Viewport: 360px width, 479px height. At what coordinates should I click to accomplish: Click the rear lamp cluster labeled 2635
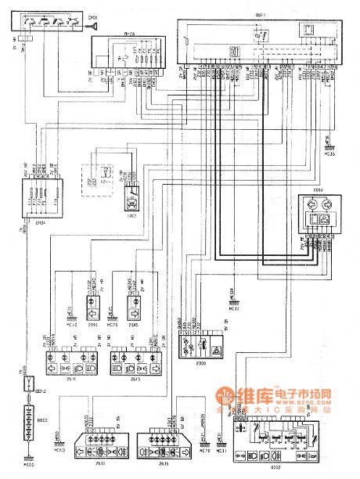tap(165, 446)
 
